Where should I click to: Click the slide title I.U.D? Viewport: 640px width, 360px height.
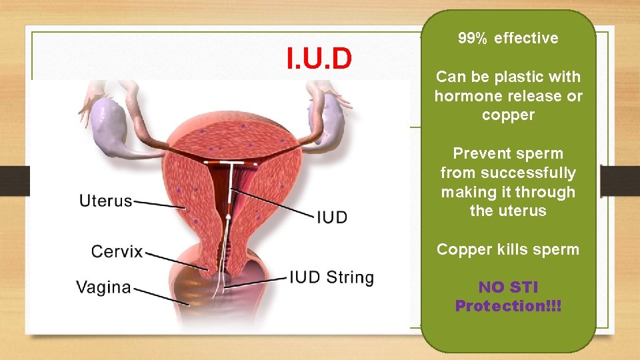coord(319,59)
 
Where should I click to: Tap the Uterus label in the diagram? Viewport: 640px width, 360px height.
coord(105,200)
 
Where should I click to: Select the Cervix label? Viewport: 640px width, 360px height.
coord(117,251)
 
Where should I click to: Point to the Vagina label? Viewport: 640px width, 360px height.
coord(103,287)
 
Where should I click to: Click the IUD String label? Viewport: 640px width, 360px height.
coord(331,277)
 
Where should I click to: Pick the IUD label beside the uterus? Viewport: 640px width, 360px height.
coord(331,217)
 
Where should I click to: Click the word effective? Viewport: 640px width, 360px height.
coord(526,39)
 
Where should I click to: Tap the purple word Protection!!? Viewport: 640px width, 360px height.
coord(508,306)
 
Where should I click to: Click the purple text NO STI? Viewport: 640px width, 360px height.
coord(508,287)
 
